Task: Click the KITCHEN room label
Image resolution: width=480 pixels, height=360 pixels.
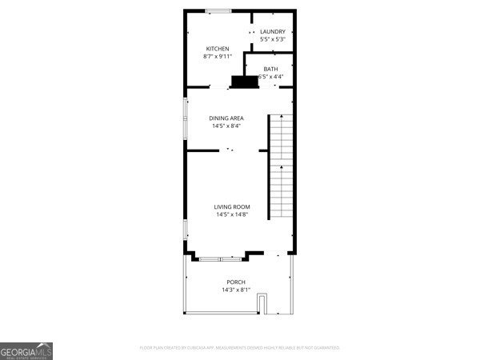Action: pyautogui.click(x=218, y=49)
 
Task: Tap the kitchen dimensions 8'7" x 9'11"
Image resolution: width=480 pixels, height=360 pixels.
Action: pyautogui.click(x=218, y=57)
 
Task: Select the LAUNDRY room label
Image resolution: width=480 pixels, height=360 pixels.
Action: pyautogui.click(x=272, y=32)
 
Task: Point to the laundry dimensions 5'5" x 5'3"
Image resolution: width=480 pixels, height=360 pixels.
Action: pyautogui.click(x=272, y=39)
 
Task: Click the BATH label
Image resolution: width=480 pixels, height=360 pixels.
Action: pyautogui.click(x=270, y=69)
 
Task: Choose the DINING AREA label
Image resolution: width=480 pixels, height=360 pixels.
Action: pyautogui.click(x=226, y=118)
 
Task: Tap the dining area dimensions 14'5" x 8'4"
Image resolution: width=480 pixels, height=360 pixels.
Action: pyautogui.click(x=226, y=126)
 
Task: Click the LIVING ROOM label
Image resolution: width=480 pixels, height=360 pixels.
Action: pyautogui.click(x=231, y=207)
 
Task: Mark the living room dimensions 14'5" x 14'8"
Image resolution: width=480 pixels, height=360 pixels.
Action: pyautogui.click(x=231, y=214)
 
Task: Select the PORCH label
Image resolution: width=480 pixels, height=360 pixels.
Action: pyautogui.click(x=236, y=282)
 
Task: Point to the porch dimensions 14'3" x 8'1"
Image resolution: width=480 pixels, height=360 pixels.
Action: pyautogui.click(x=236, y=290)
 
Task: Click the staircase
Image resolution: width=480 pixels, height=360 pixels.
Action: pyautogui.click(x=281, y=166)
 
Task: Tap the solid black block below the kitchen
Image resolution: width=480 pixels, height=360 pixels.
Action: pyautogui.click(x=244, y=81)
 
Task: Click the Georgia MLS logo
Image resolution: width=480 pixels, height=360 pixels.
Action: pyautogui.click(x=26, y=351)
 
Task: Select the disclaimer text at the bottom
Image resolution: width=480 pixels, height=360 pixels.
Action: pyautogui.click(x=240, y=348)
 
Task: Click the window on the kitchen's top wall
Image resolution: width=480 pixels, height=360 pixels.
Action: pyautogui.click(x=218, y=10)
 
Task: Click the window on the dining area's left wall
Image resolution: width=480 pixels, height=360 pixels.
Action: pyautogui.click(x=186, y=114)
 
